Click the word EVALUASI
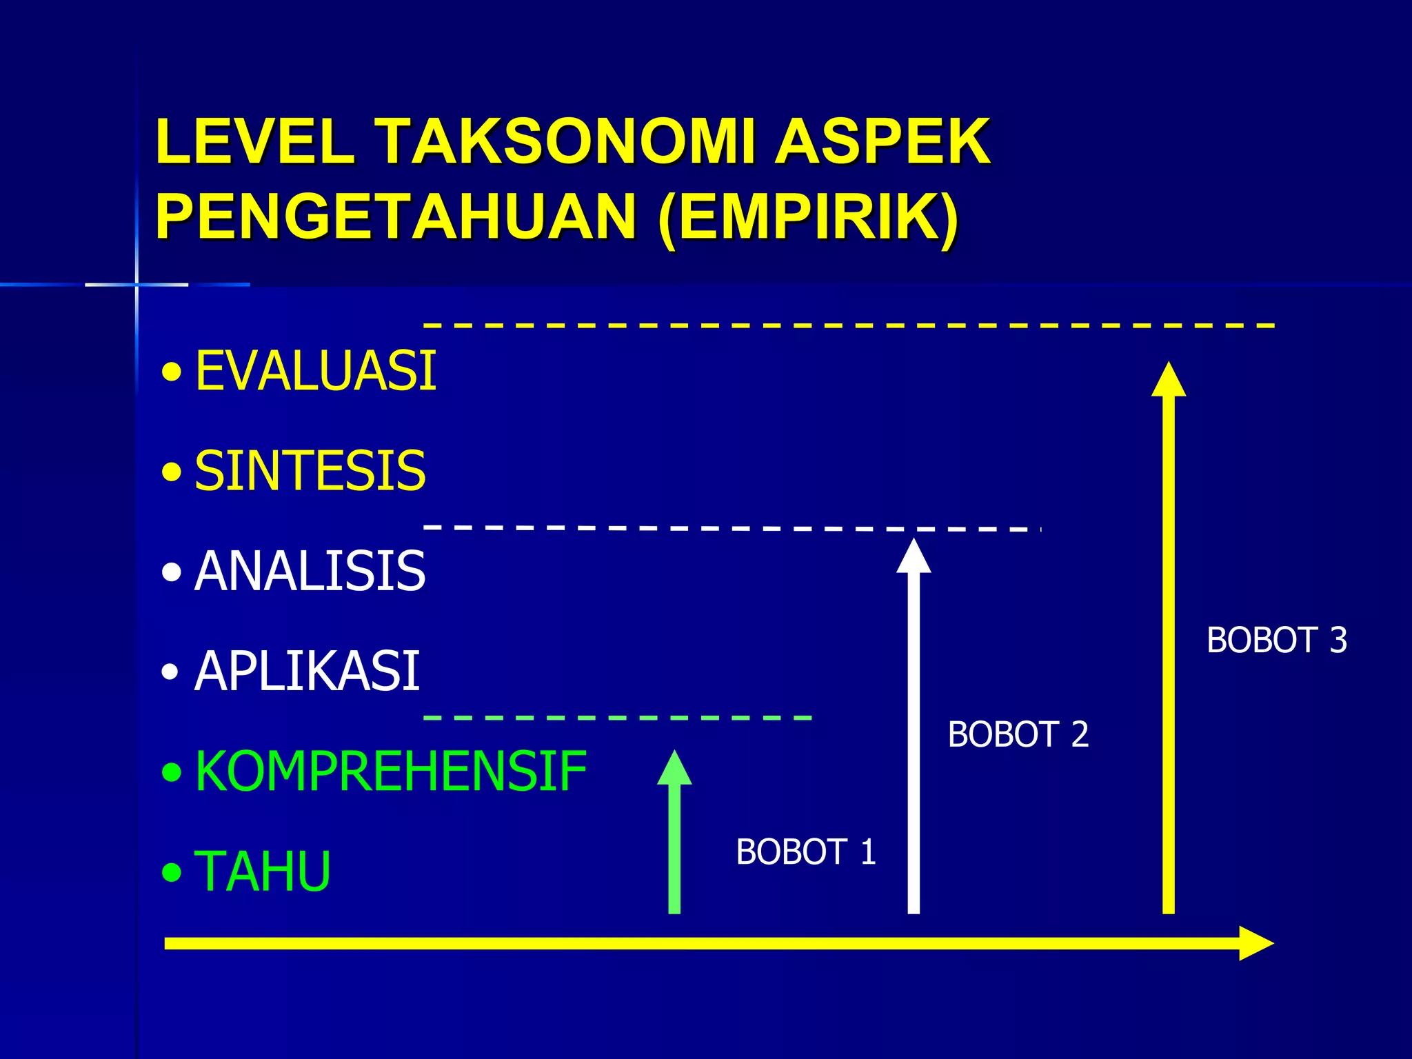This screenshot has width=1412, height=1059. point(316,371)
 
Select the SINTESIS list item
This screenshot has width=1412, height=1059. point(310,471)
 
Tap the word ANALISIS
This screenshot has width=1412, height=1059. point(310,571)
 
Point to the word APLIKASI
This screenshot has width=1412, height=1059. point(307,671)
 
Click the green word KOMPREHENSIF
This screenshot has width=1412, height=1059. point(390,771)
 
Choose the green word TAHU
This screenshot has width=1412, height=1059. point(263,871)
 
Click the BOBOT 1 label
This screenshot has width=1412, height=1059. point(805,851)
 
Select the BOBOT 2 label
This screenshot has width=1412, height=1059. point(1018,734)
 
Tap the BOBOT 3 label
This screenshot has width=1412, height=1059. point(1276,640)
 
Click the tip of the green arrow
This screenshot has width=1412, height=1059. point(674,754)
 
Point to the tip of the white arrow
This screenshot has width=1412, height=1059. point(914,542)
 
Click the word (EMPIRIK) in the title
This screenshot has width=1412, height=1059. point(808,216)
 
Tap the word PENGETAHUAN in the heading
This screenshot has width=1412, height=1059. point(395,216)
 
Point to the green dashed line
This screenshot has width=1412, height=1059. point(617,718)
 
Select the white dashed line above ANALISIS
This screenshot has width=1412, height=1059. point(731,527)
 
